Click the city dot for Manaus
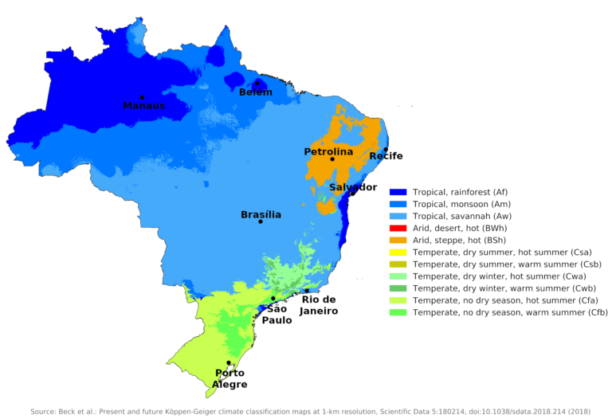pyautogui.click(x=142, y=97)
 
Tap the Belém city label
pyautogui.click(x=256, y=92)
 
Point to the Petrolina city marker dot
pyautogui.click(x=332, y=159)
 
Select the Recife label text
pyautogui.click(x=385, y=156)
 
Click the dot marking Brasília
pyautogui.click(x=261, y=221)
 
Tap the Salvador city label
pyautogui.click(x=353, y=187)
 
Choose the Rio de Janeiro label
pyautogui.click(x=319, y=305)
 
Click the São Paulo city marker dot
pyautogui.click(x=273, y=299)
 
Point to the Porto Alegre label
pyautogui.click(x=229, y=378)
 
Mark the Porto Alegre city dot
pyautogui.click(x=229, y=363)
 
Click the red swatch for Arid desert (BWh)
pyautogui.click(x=398, y=228)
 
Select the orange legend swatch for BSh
pyautogui.click(x=398, y=240)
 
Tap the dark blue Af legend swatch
pyautogui.click(x=398, y=192)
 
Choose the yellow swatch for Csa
pyautogui.click(x=398, y=252)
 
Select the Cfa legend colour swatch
pyautogui.click(x=398, y=300)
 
